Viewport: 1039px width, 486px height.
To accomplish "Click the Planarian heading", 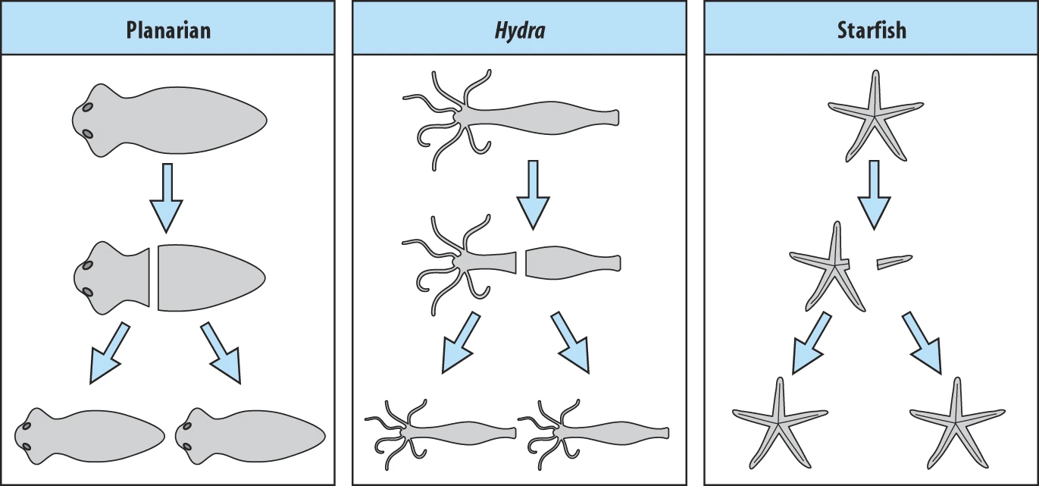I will (x=167, y=30).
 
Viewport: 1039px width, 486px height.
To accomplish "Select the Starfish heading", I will (x=872, y=30).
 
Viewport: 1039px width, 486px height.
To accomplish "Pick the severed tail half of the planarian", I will (x=208, y=277).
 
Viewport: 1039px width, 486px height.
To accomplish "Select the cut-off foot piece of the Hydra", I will (x=572, y=263).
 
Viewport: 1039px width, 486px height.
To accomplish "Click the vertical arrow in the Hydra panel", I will (x=533, y=193).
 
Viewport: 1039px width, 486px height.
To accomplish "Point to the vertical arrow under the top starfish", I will (x=874, y=193).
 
